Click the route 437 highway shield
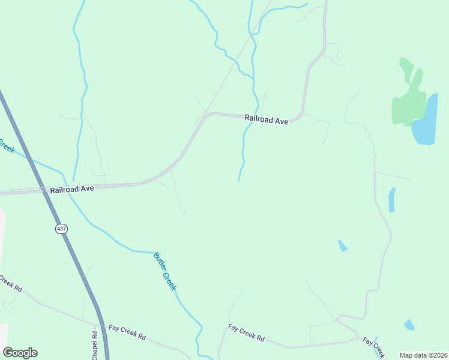click(61, 229)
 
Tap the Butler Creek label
click(165, 271)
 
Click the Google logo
click(20, 353)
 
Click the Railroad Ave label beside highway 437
click(72, 188)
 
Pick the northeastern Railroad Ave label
click(267, 120)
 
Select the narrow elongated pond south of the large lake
click(392, 200)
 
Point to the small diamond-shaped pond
click(342, 245)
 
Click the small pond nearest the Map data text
click(409, 325)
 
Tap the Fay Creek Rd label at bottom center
click(246, 332)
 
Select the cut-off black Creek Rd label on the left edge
click(10, 284)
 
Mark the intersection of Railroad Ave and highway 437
click(45, 191)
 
